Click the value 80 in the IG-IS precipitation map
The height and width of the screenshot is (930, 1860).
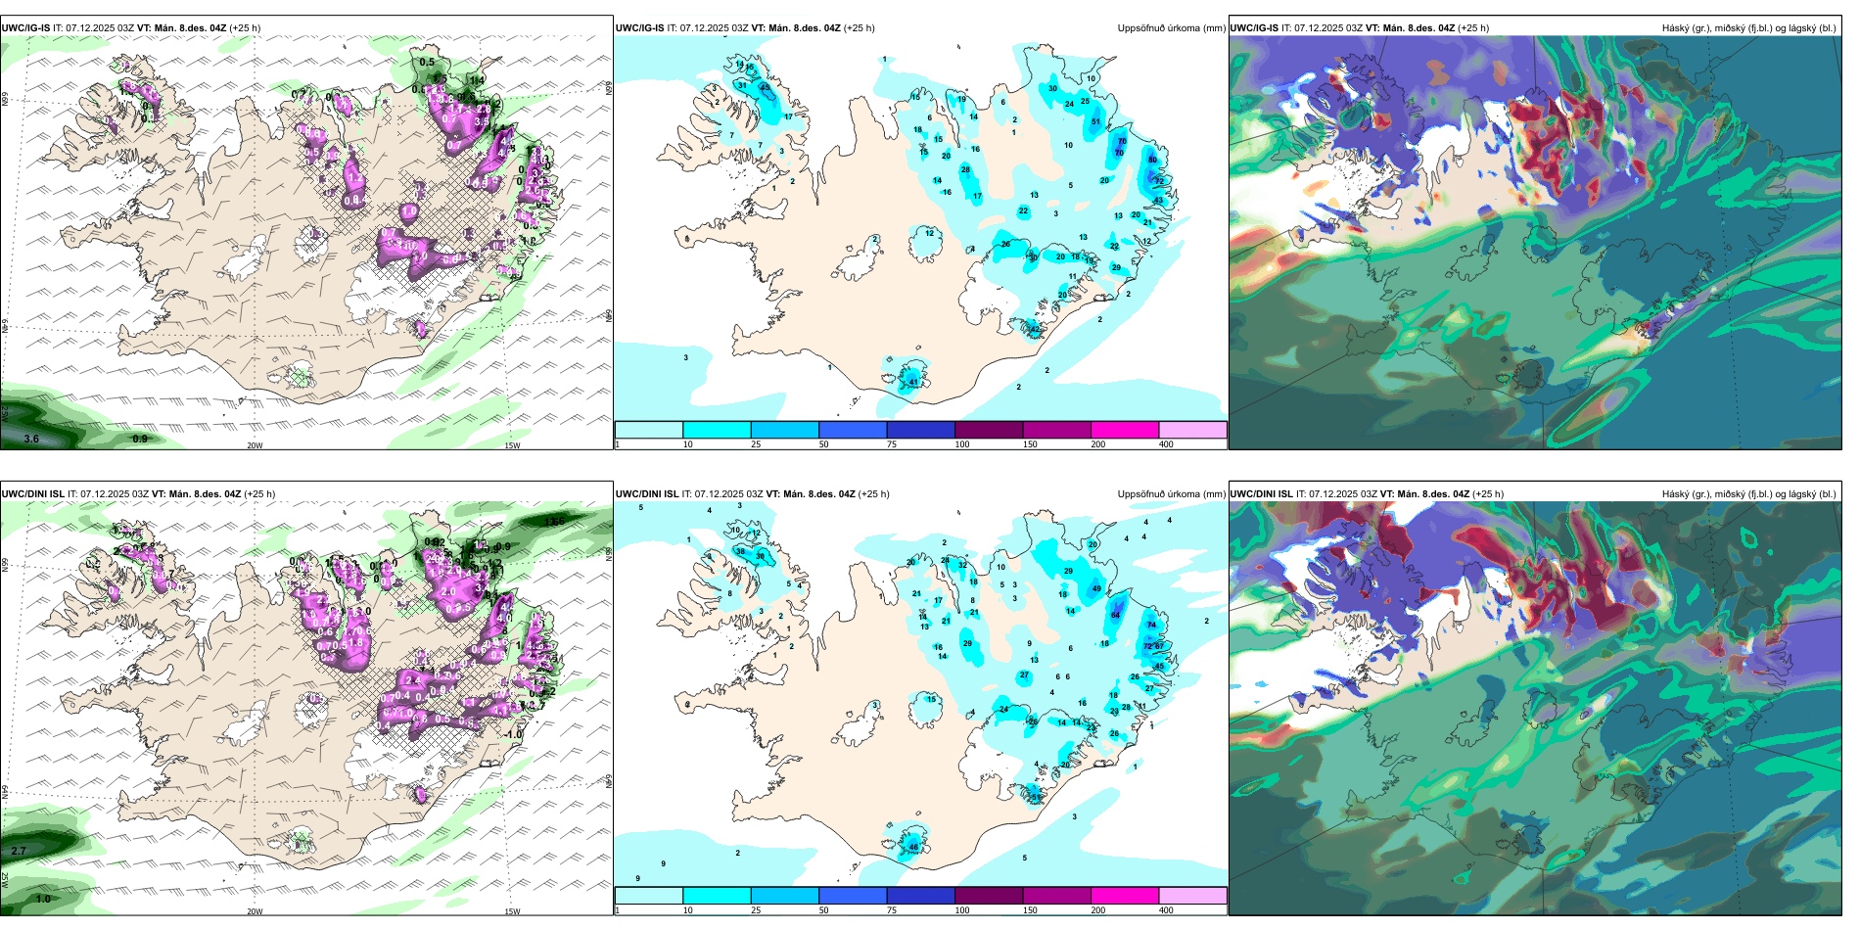[1152, 160]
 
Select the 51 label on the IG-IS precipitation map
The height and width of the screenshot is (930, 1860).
[1095, 122]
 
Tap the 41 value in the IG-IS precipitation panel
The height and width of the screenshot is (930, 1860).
[913, 382]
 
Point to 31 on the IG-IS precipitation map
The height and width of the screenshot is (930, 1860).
[742, 86]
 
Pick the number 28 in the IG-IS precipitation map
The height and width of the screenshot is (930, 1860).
[965, 170]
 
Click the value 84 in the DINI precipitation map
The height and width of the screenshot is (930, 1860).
[1115, 615]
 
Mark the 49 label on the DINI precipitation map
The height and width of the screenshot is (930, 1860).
[1096, 589]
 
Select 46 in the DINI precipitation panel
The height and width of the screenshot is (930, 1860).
[913, 847]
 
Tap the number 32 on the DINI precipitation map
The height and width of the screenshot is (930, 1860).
[962, 565]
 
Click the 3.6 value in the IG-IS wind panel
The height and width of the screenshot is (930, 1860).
[31, 439]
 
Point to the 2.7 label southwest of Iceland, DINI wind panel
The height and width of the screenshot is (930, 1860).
[19, 852]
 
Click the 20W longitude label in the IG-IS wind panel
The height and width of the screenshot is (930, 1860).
[255, 445]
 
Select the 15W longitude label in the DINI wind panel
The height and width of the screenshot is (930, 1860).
[512, 911]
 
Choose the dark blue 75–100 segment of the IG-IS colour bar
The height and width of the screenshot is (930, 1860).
[920, 430]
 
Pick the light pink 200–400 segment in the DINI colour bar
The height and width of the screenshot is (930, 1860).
[1192, 896]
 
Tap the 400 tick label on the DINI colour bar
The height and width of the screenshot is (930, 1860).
[1166, 910]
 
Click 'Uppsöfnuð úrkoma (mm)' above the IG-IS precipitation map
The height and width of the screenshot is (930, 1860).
[1171, 28]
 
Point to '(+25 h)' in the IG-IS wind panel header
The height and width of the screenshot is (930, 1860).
[245, 28]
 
